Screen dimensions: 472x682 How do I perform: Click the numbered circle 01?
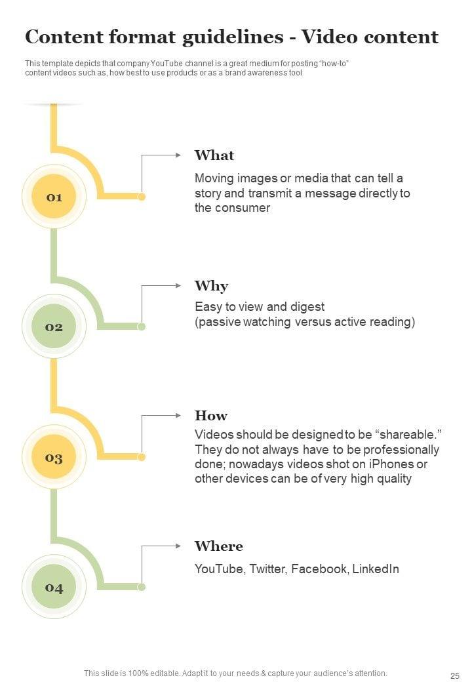click(54, 197)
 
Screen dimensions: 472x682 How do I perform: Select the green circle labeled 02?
click(54, 327)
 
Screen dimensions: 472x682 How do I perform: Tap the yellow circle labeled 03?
click(54, 457)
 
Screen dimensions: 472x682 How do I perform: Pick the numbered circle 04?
click(54, 587)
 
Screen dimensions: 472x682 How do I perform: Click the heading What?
click(214, 155)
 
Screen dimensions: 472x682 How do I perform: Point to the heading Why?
click(211, 286)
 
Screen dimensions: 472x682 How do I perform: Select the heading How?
click(211, 416)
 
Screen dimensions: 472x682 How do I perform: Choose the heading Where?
click(219, 546)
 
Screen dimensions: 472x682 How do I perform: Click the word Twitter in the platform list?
click(267, 569)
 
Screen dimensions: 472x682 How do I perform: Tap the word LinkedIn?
click(376, 569)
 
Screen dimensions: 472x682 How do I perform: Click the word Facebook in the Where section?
click(319, 569)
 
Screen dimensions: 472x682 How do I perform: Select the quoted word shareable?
click(407, 435)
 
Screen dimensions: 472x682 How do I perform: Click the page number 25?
click(455, 675)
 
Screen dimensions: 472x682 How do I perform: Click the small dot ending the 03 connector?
click(142, 457)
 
